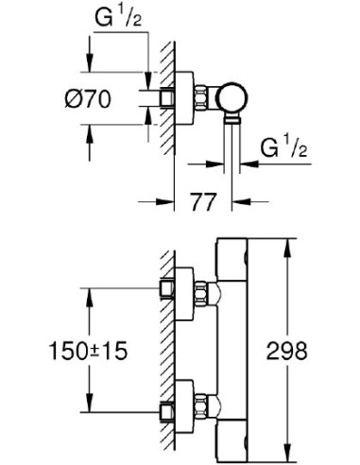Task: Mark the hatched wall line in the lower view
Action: tap(163, 350)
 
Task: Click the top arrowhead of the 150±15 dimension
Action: tap(90, 293)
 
